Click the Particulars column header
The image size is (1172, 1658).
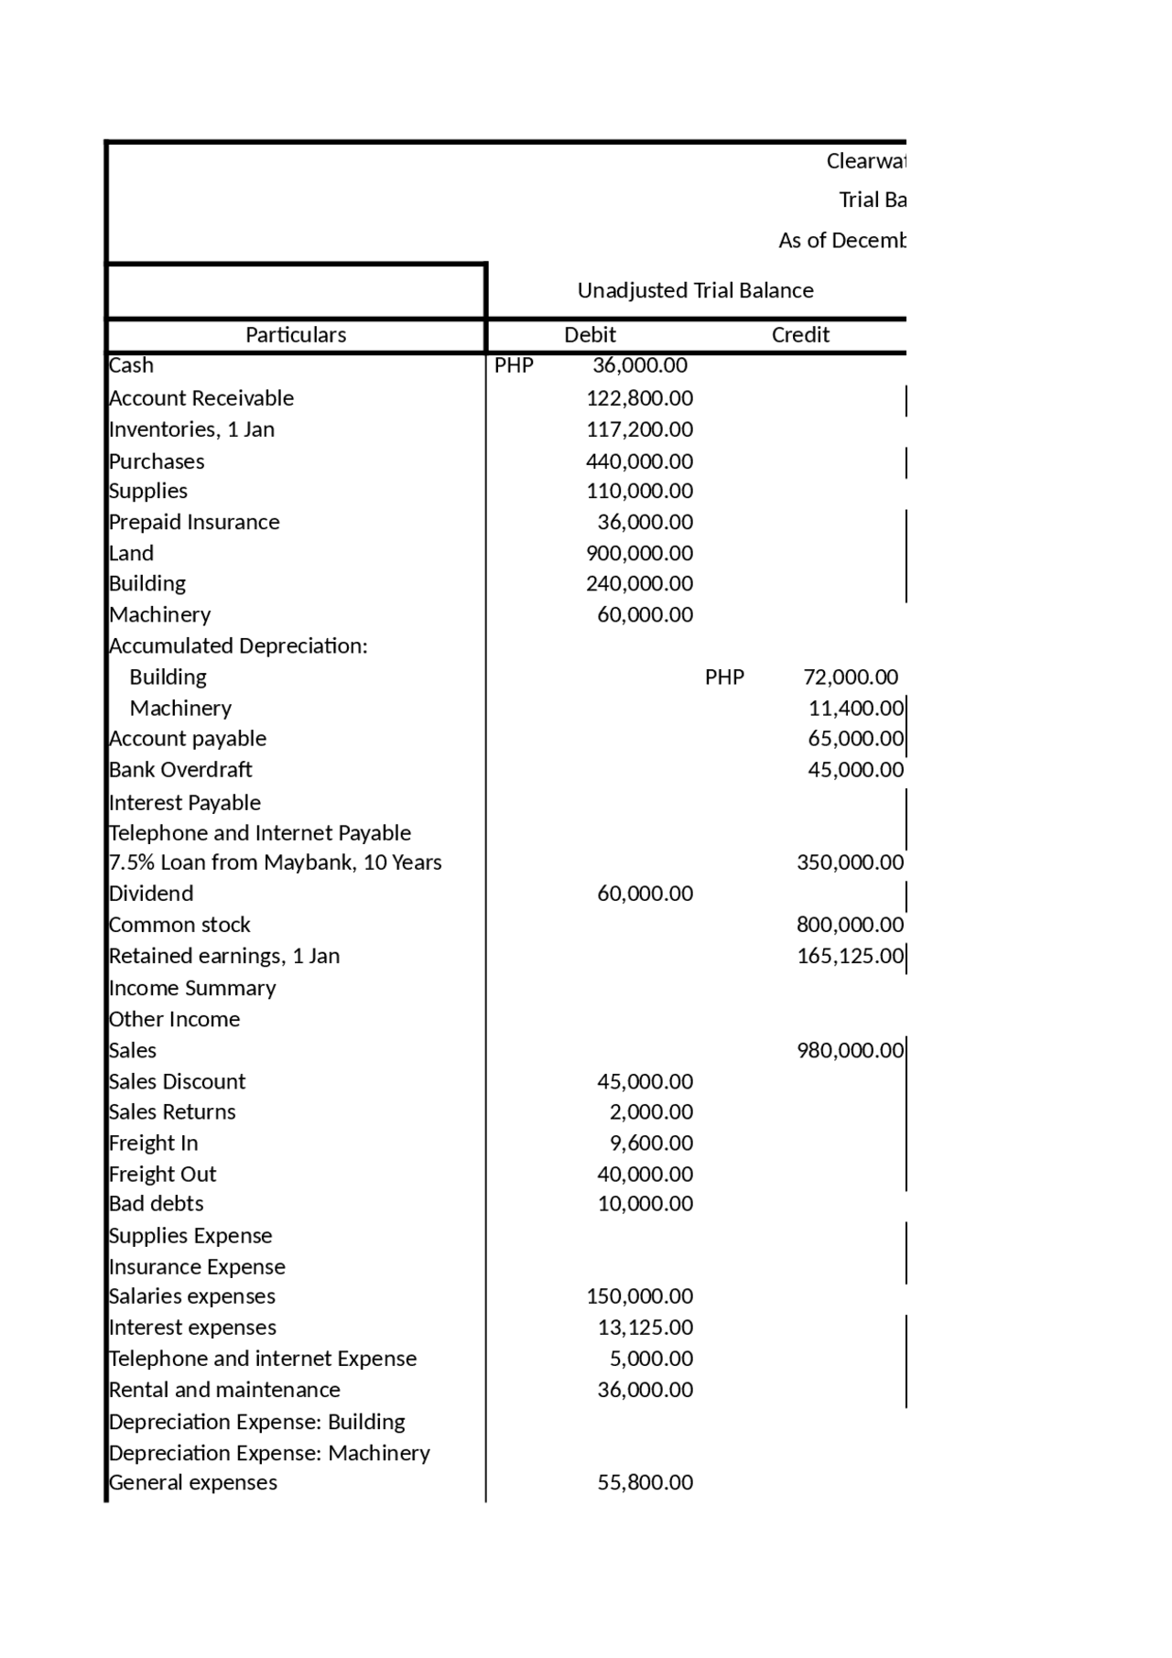pyautogui.click(x=295, y=335)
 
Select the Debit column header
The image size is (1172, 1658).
pyautogui.click(x=590, y=335)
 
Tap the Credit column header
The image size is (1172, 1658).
pyautogui.click(x=799, y=335)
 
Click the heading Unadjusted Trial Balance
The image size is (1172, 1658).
pyautogui.click(x=695, y=290)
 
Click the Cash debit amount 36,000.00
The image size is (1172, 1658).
pyautogui.click(x=639, y=365)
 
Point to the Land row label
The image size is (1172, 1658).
pyautogui.click(x=131, y=553)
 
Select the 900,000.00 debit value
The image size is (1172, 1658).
pyautogui.click(x=639, y=553)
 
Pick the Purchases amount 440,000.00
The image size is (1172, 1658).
pyautogui.click(x=639, y=461)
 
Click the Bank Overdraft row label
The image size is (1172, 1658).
pyautogui.click(x=180, y=770)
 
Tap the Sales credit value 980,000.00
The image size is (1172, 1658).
pyautogui.click(x=850, y=1050)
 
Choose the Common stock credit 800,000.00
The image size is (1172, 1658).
pyautogui.click(x=850, y=925)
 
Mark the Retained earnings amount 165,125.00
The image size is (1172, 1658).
pyautogui.click(x=850, y=956)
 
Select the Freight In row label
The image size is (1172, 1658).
pyautogui.click(x=153, y=1143)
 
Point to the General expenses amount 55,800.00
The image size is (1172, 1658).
pyautogui.click(x=645, y=1482)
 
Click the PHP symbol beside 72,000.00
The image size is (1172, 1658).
pyautogui.click(x=724, y=677)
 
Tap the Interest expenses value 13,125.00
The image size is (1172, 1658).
pyautogui.click(x=645, y=1327)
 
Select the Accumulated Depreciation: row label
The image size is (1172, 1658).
pyautogui.click(x=238, y=646)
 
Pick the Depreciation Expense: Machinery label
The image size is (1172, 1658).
pyautogui.click(x=269, y=1453)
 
